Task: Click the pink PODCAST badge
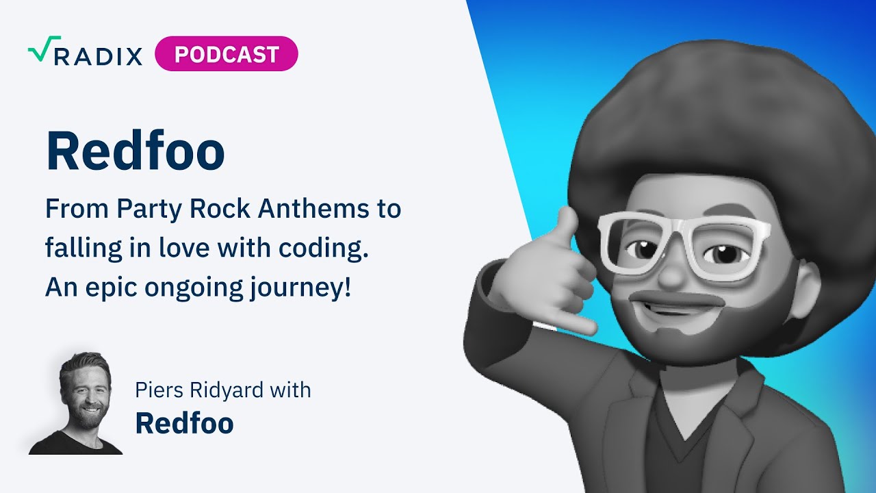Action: tap(227, 54)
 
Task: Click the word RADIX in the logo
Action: tap(98, 56)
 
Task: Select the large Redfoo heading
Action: tap(135, 152)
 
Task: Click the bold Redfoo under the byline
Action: tap(184, 423)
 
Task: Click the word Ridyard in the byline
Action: tap(231, 390)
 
